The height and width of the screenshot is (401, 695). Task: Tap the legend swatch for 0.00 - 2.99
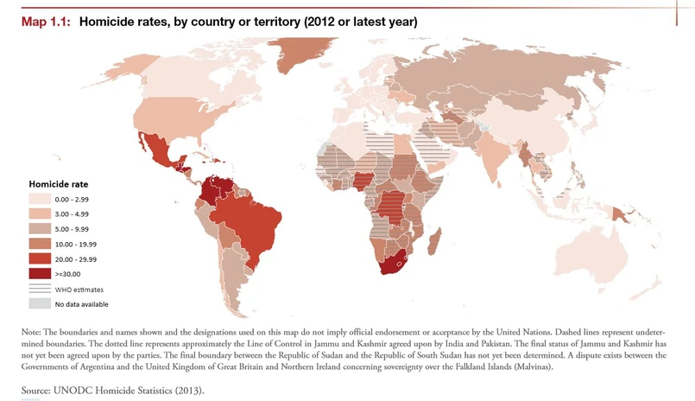click(40, 199)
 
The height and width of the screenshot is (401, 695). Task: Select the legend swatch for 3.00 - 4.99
click(40, 213)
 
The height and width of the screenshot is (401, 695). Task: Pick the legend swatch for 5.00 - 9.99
click(40, 229)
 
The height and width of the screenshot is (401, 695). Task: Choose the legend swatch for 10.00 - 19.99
click(40, 244)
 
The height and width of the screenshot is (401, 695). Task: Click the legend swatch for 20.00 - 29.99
click(40, 258)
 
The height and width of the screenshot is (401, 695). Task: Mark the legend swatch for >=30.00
click(40, 273)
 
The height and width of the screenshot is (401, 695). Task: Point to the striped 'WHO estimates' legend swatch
click(40, 290)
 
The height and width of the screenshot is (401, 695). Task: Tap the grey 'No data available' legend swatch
click(40, 303)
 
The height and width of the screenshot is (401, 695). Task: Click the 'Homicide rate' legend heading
click(59, 184)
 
